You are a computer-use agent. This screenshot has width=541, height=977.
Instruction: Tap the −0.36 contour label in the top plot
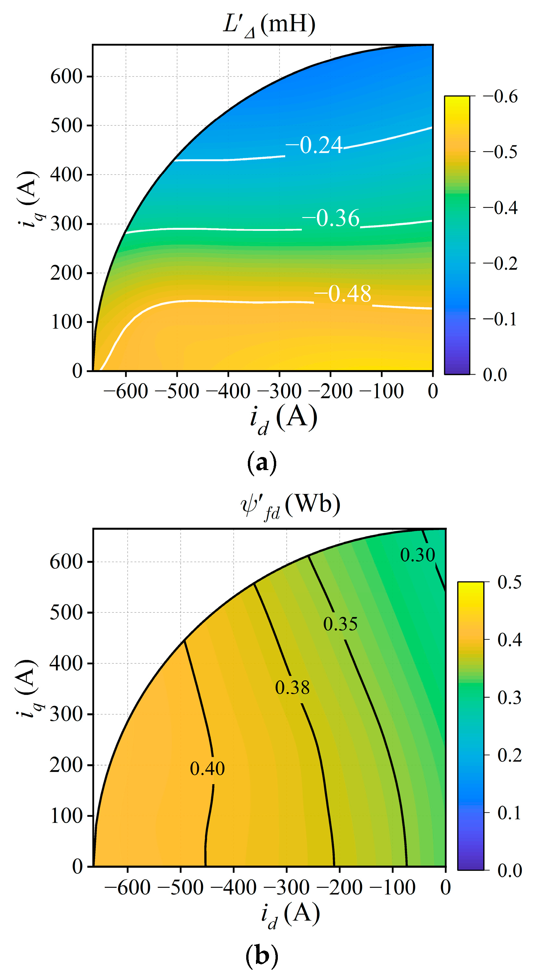(x=331, y=218)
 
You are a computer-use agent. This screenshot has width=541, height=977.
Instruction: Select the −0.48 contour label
(x=342, y=294)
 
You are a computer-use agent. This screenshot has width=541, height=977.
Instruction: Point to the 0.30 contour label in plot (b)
(x=417, y=555)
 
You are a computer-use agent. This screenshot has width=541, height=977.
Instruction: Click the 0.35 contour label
(x=340, y=624)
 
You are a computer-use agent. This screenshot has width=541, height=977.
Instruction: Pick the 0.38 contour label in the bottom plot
(x=292, y=687)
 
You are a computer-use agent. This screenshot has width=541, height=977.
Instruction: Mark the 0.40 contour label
(x=207, y=769)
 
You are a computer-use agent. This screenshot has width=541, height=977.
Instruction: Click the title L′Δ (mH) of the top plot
(x=269, y=25)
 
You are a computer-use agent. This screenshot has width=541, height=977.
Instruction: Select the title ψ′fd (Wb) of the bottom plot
(x=291, y=505)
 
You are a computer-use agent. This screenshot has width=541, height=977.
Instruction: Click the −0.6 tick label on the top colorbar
(x=500, y=97)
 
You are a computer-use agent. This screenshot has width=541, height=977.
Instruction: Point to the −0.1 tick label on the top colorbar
(x=500, y=319)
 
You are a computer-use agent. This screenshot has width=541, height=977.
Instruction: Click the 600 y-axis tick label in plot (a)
(x=66, y=77)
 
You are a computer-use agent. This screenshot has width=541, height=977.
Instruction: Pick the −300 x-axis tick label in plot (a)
(x=279, y=391)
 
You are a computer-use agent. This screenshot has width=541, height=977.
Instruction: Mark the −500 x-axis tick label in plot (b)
(x=180, y=888)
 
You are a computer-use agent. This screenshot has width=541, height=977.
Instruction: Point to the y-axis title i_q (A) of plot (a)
(x=28, y=199)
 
